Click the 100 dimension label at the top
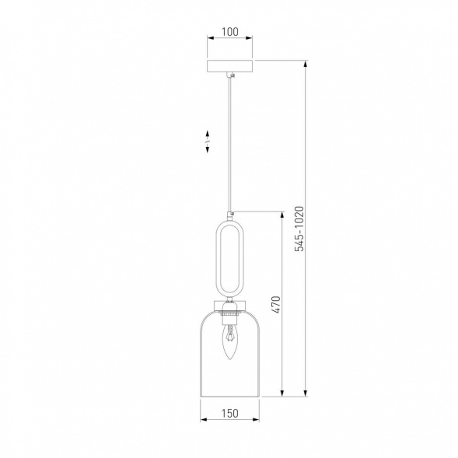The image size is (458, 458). pos(230,32)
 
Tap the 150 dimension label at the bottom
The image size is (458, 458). pos(230,414)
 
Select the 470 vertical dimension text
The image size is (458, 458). pos(276,305)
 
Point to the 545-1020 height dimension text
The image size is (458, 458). pos(299,229)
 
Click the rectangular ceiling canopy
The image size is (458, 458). pos(230,66)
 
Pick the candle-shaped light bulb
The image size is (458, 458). pos(230,342)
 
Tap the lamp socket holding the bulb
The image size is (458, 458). pos(230,314)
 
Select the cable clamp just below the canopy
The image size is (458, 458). pos(232,75)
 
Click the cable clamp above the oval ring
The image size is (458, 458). pos(231,215)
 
